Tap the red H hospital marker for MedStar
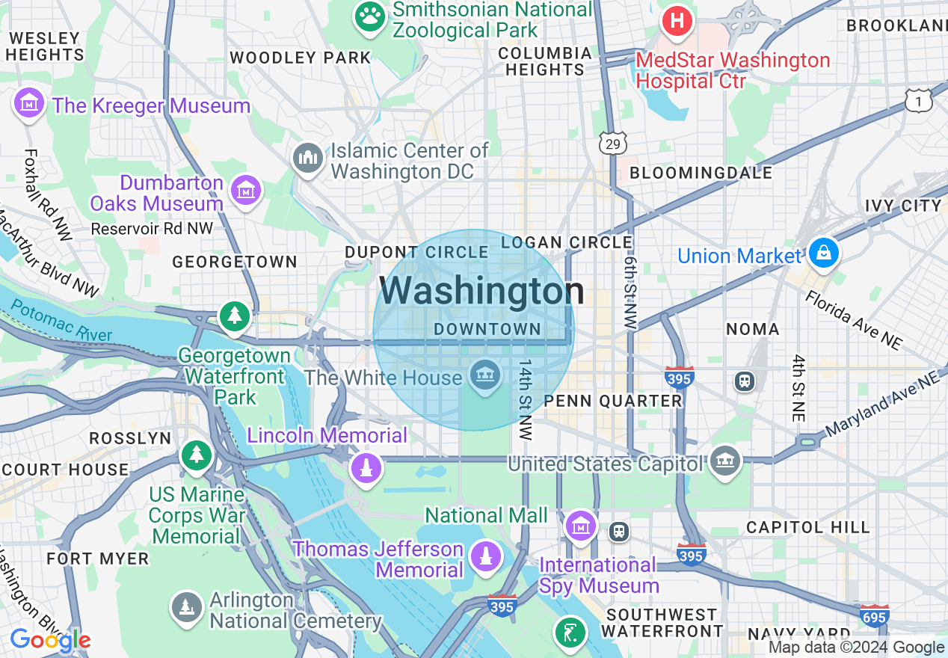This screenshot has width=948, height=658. click(677, 21)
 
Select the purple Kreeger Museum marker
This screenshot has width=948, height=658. click(29, 103)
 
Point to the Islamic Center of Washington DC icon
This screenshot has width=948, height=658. click(307, 158)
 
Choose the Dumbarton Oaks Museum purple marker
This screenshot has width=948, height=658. click(245, 190)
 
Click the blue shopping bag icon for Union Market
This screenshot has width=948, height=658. click(823, 254)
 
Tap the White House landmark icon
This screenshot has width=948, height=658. click(485, 375)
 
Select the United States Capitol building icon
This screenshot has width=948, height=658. click(725, 461)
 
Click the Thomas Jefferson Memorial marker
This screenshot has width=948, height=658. click(486, 557)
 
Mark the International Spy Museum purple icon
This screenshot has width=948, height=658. click(580, 526)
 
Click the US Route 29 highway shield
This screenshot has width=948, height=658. click(612, 144)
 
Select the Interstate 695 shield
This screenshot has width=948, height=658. click(874, 617)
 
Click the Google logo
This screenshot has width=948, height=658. click(50, 640)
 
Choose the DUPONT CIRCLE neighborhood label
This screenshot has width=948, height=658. click(416, 253)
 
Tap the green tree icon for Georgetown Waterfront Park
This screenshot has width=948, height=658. click(235, 316)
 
